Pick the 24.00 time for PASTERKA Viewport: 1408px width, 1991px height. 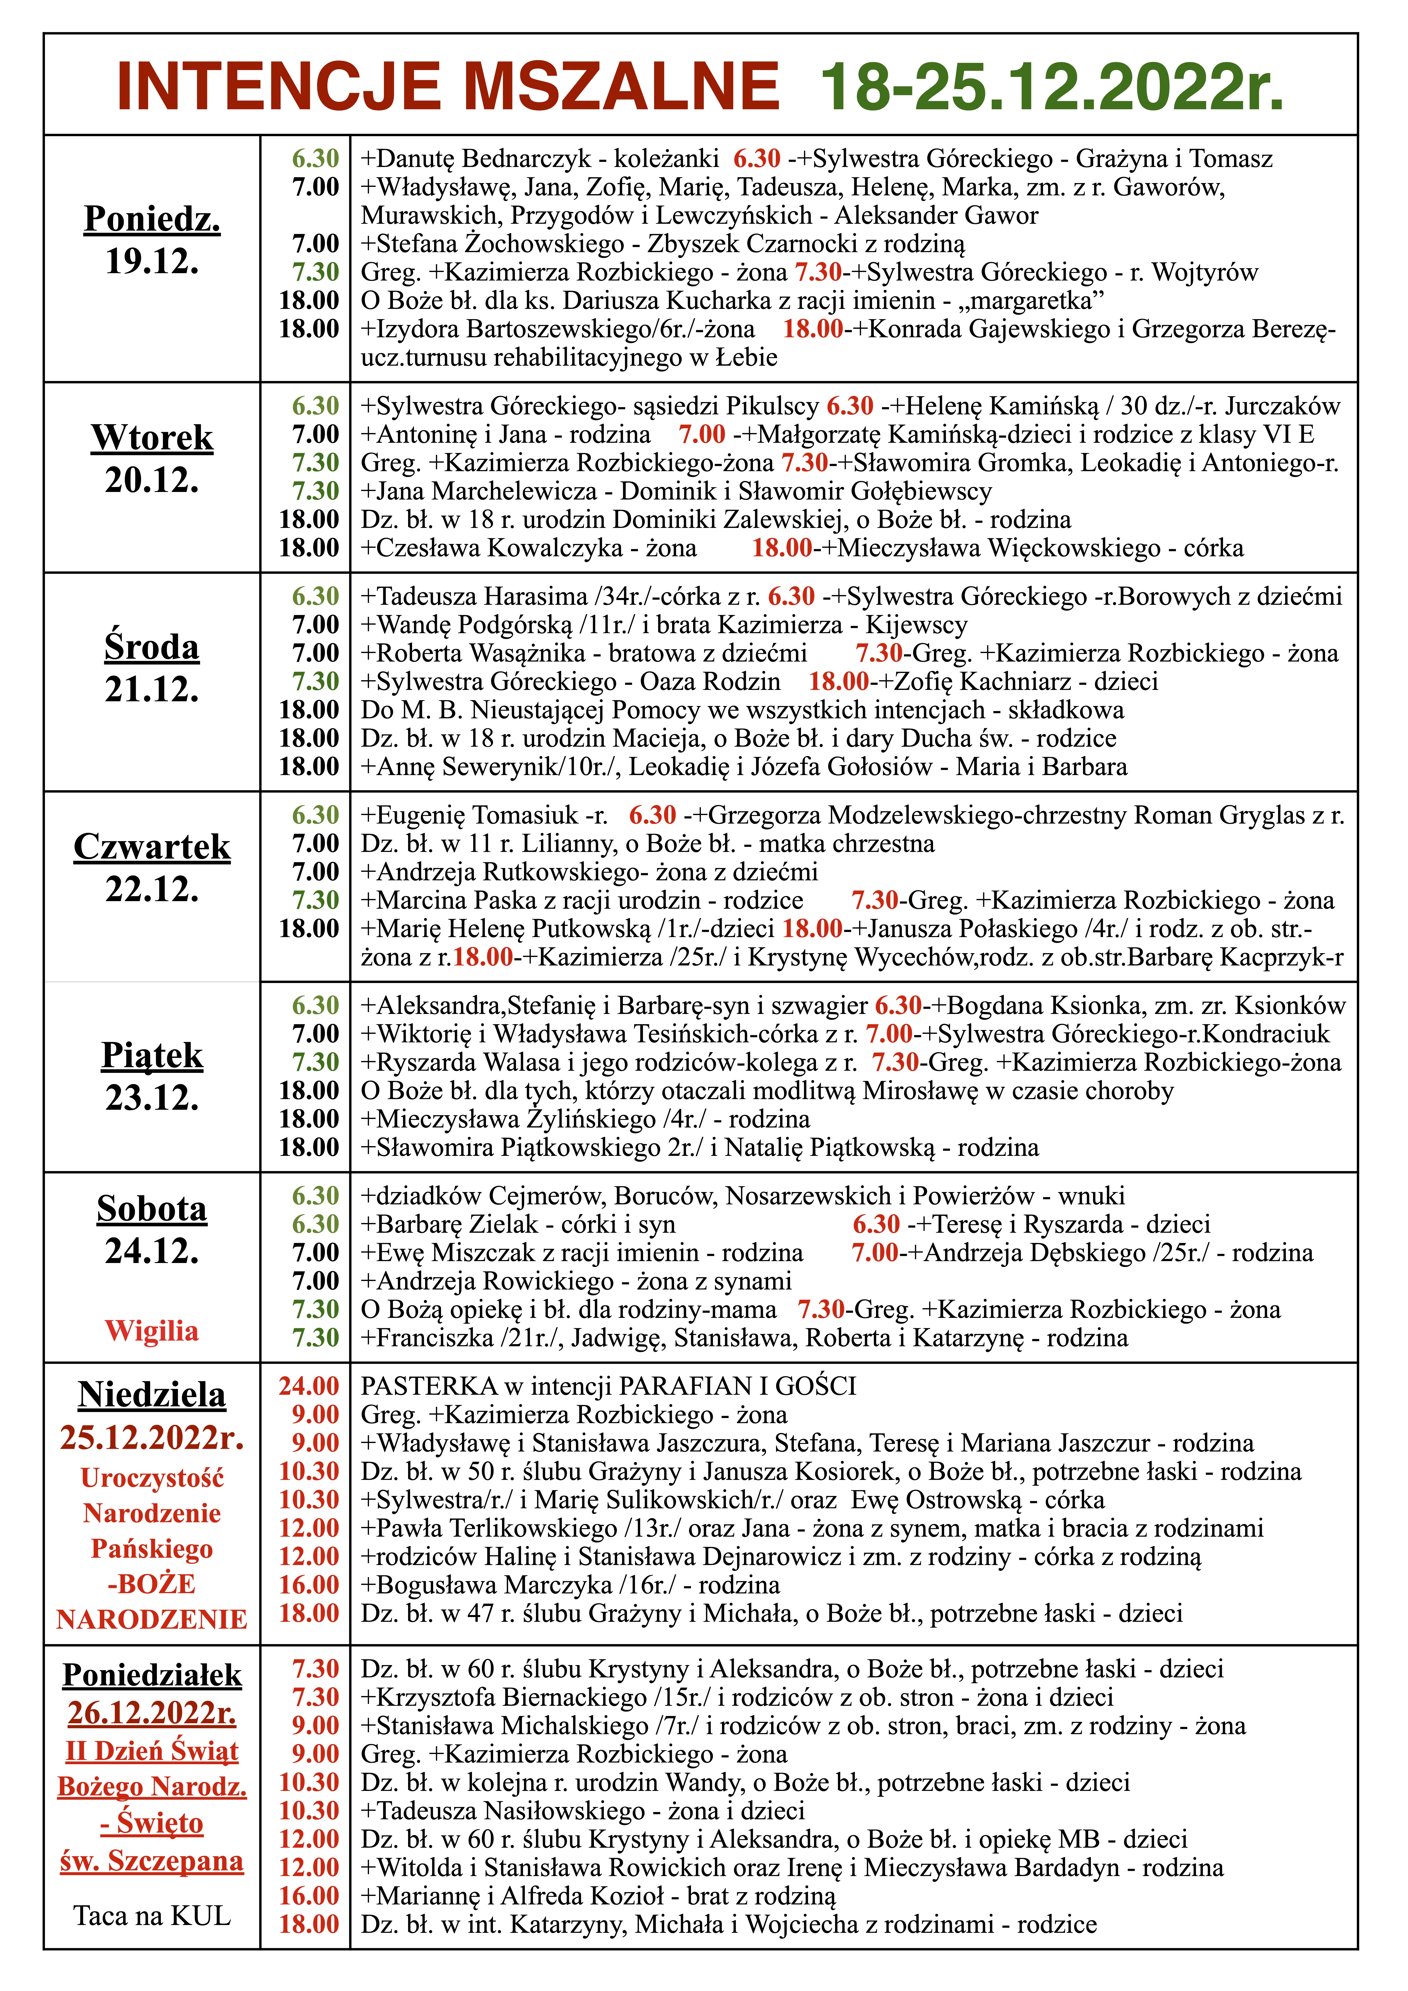pyautogui.click(x=309, y=1386)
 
